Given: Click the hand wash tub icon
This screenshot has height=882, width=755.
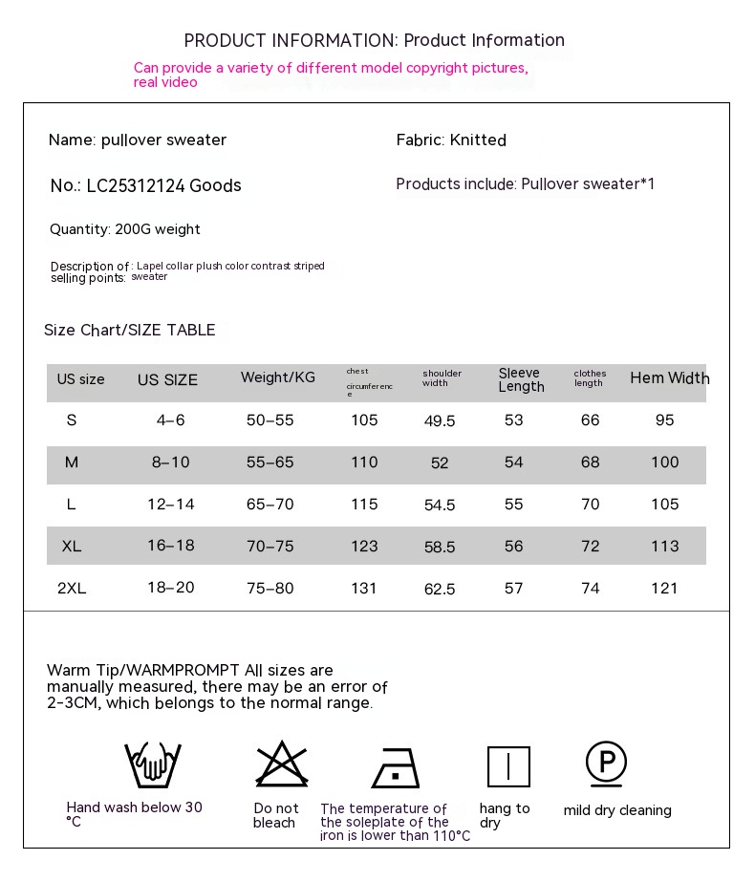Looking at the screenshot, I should click(x=153, y=764).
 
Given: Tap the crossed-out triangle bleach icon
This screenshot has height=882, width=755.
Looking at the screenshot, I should click(x=281, y=764).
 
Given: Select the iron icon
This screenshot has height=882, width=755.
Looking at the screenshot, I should click(x=396, y=766).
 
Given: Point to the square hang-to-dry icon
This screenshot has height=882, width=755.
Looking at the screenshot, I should click(x=508, y=766).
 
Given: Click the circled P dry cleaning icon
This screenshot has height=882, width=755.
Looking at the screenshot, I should click(x=606, y=763).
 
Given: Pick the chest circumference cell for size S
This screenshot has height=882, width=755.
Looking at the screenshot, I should click(x=364, y=420).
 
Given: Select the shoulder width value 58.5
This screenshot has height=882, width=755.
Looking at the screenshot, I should click(x=440, y=548).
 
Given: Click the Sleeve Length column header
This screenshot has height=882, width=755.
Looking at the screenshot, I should click(x=521, y=380).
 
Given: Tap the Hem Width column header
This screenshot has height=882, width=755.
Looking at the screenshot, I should click(x=669, y=378).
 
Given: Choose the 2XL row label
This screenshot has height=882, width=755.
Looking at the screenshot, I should click(x=72, y=589).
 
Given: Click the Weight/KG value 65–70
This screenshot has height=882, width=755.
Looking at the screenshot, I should click(x=270, y=505).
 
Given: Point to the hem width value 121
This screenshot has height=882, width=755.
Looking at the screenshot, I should click(x=664, y=589).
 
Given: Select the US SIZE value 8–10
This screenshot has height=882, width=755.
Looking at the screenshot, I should click(x=170, y=463).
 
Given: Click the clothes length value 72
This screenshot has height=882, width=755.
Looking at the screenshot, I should click(x=591, y=547).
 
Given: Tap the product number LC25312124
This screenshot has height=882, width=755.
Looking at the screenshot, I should click(x=136, y=186).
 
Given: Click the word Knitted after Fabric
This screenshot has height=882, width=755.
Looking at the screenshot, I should click(x=478, y=140).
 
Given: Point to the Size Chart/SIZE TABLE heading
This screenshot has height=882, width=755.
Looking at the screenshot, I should click(x=130, y=331).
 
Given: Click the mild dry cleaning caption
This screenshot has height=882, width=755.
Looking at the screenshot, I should click(x=617, y=810).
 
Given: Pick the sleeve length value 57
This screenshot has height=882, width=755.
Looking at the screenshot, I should click(x=514, y=589).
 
